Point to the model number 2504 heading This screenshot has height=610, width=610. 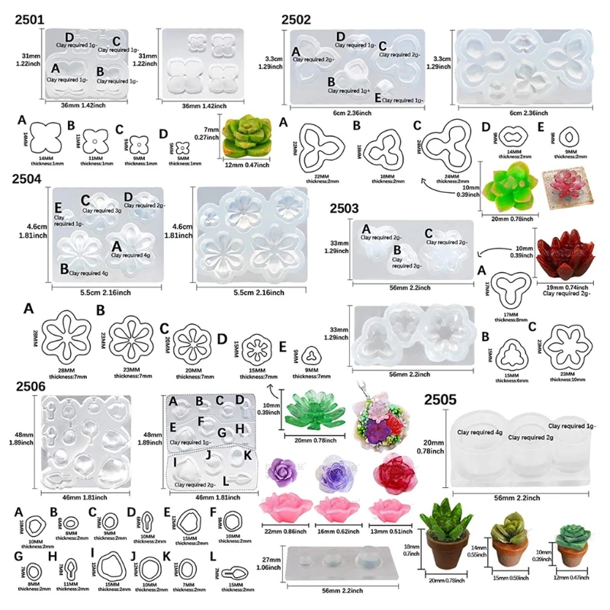point(30,180)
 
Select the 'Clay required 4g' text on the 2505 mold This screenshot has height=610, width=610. point(479,432)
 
